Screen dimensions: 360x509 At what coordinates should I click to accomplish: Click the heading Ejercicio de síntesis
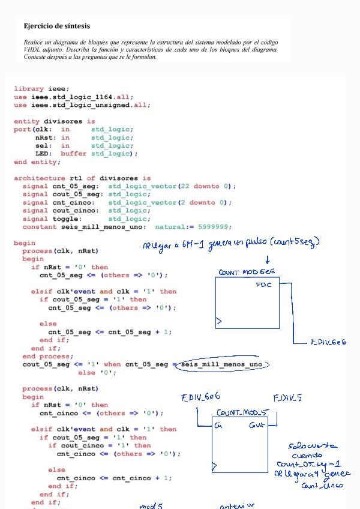click(56, 26)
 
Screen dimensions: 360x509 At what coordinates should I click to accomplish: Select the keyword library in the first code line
click(29, 89)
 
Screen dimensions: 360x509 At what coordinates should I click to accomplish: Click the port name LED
click(43, 154)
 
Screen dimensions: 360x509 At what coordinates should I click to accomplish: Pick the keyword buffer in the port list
click(73, 154)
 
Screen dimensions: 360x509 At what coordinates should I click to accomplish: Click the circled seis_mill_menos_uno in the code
click(221, 364)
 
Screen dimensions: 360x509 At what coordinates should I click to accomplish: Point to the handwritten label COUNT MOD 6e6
click(247, 272)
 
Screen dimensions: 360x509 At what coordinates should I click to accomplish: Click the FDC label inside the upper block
click(263, 285)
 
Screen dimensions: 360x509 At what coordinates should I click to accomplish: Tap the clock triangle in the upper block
click(219, 322)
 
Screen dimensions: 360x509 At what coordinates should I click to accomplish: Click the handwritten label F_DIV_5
click(287, 398)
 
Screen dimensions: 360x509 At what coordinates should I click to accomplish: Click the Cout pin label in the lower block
click(257, 425)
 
